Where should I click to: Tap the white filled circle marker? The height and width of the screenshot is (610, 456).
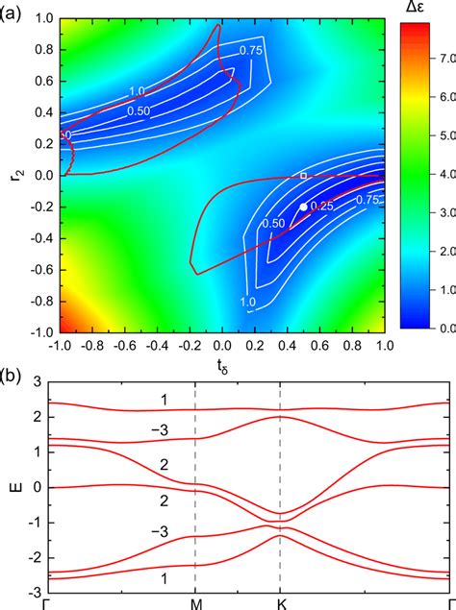[303, 207]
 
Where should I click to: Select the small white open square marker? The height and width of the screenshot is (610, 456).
[304, 176]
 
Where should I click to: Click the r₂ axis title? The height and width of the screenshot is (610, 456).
[10, 175]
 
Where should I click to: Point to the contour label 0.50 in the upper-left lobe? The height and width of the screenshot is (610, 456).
[139, 109]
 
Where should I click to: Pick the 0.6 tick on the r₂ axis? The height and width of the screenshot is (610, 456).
[42, 83]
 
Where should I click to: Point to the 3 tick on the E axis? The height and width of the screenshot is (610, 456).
[38, 382]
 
